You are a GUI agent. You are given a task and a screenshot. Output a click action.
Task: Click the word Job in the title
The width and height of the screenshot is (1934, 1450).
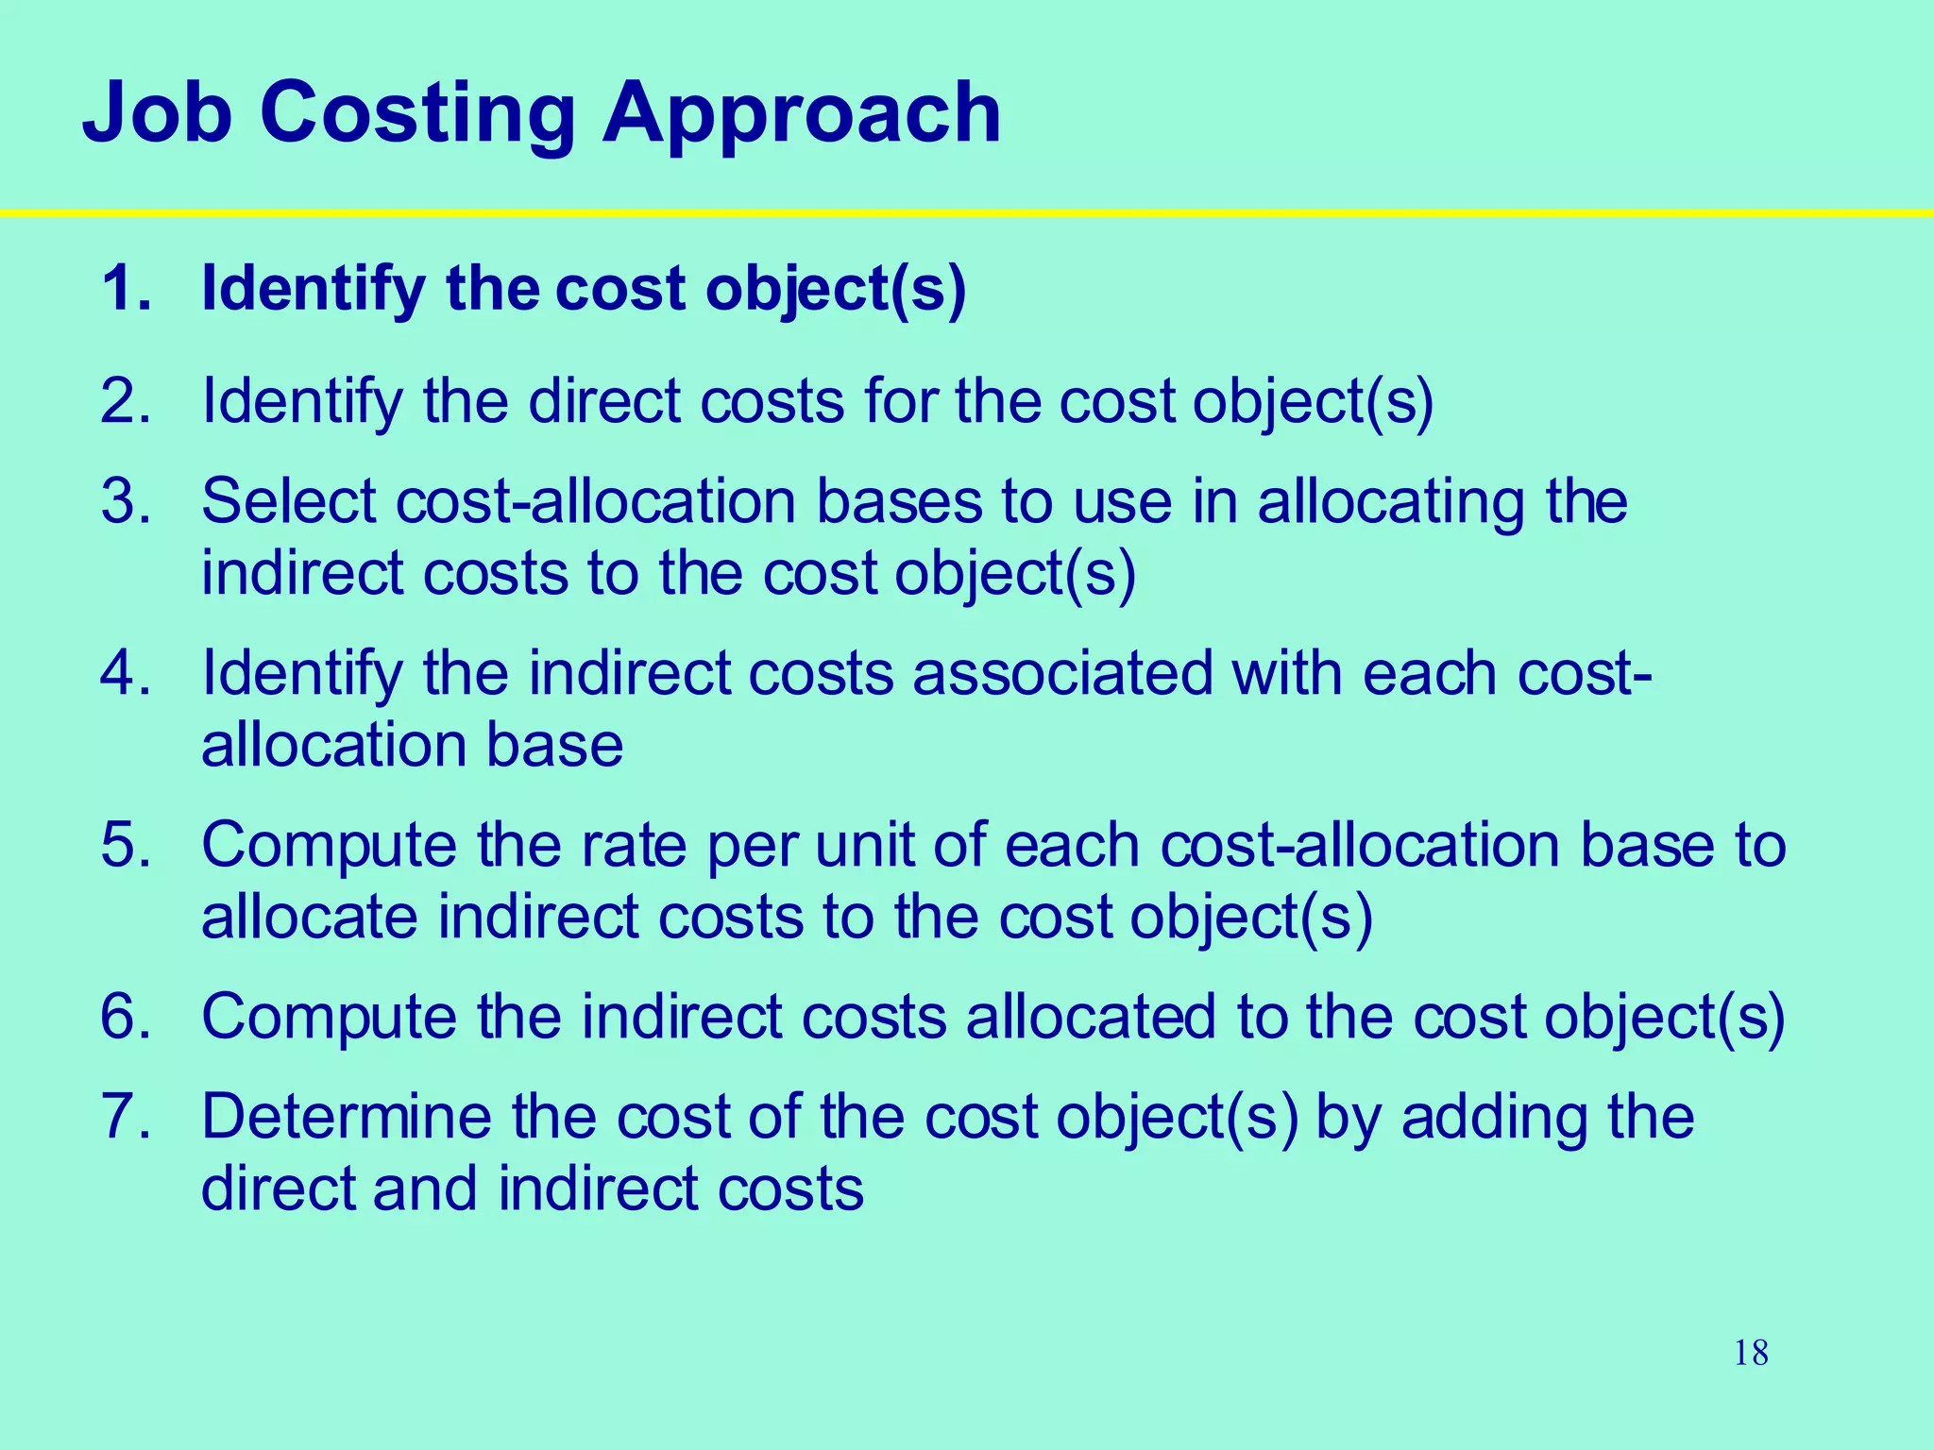tap(157, 113)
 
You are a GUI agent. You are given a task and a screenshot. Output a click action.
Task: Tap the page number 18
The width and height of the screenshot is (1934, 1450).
tap(1751, 1353)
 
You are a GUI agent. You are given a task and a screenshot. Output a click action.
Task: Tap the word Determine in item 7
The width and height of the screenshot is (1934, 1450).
tap(347, 1116)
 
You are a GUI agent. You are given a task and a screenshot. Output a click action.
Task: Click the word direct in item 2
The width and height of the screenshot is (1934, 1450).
tap(604, 401)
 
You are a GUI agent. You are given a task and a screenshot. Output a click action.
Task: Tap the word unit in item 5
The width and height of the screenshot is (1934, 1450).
tap(864, 844)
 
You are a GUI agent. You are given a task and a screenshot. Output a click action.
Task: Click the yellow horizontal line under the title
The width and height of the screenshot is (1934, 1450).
tap(967, 213)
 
